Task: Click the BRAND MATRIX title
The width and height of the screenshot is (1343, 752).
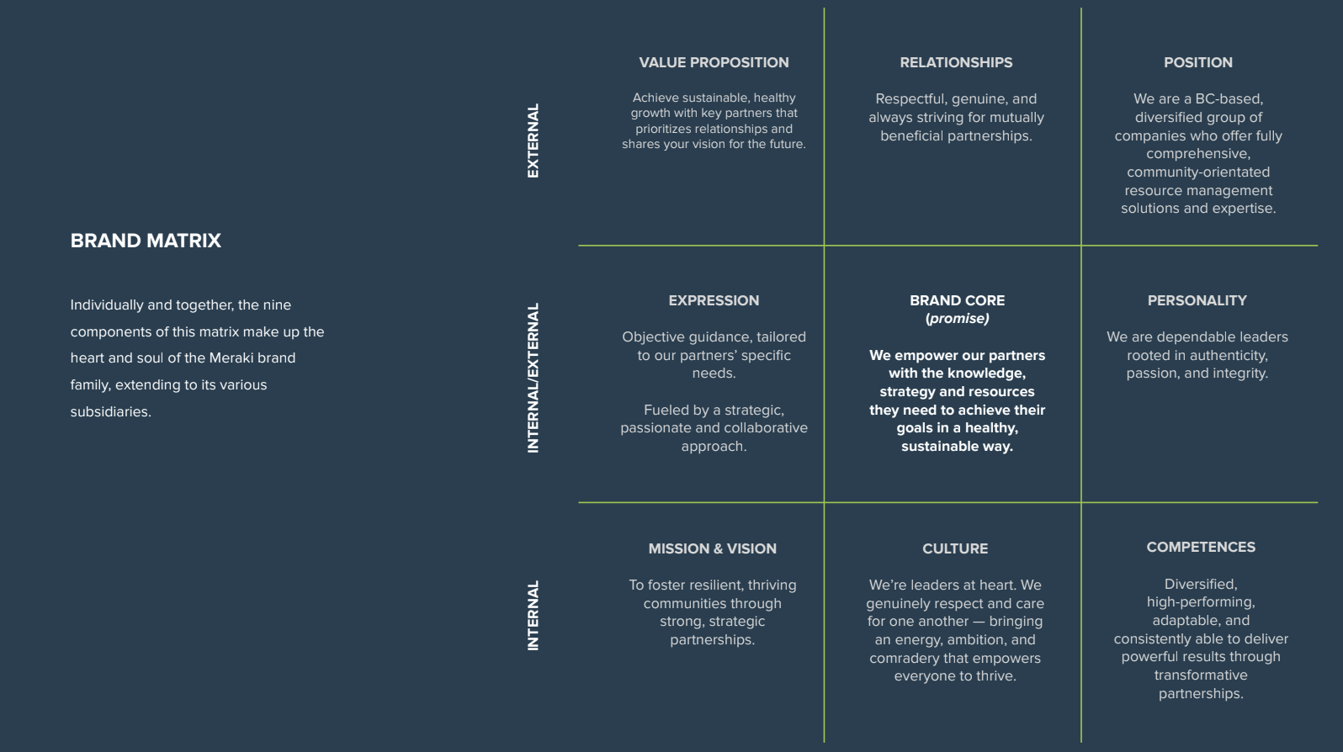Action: pos(146,241)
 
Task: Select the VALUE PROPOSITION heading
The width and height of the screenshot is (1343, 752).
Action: pos(714,62)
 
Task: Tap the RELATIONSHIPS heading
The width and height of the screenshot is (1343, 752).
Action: pos(956,62)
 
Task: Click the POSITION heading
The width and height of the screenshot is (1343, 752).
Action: pos(1198,62)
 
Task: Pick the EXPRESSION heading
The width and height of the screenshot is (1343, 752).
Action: pos(714,300)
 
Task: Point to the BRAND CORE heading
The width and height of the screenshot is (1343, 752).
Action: pos(957,300)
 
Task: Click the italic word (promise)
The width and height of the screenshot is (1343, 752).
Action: pos(957,318)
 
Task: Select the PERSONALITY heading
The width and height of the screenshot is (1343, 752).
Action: pos(1197,300)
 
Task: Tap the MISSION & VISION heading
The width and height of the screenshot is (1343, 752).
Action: pos(712,548)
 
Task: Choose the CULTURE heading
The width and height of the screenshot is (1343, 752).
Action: pos(955,548)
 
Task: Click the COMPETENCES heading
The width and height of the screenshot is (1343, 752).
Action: pos(1201,547)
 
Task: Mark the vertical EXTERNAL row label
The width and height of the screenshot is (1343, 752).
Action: pos(533,140)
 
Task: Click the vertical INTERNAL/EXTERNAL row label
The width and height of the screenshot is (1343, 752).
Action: pos(533,378)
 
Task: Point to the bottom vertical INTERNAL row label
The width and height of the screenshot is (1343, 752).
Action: pos(533,616)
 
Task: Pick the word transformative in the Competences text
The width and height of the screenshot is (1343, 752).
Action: pos(1201,675)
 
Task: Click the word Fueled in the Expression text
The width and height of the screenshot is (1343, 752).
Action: pos(664,410)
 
